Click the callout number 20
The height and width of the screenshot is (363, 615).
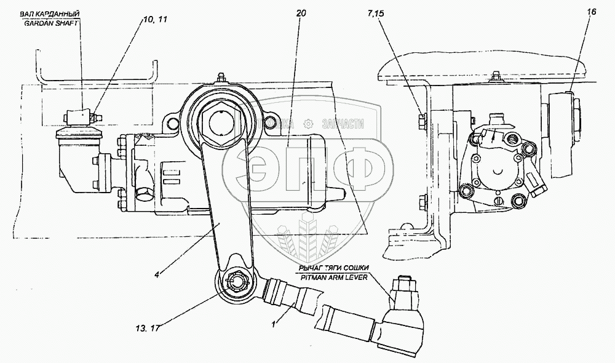click(300, 13)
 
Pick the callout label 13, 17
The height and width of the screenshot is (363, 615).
click(146, 327)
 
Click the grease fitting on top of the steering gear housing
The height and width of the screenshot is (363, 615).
click(221, 78)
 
